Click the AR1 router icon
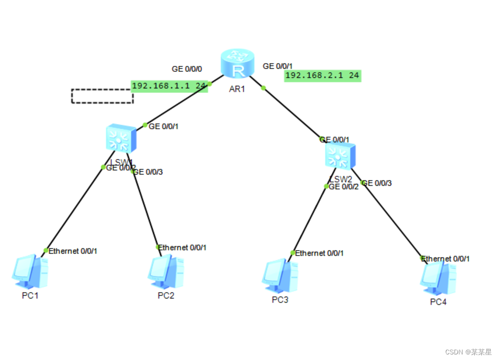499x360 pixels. tap(237, 64)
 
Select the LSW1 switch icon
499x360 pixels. tap(121, 138)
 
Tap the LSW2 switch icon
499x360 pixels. tap(340, 156)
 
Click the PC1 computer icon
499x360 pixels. tap(29, 271)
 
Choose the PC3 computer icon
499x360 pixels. tap(280, 275)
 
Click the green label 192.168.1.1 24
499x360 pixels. tap(169, 86)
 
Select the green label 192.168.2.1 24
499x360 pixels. tap(323, 76)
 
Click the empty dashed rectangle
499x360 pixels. tap(102, 96)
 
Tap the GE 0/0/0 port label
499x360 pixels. tap(187, 69)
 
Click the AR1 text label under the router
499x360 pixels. tap(237, 89)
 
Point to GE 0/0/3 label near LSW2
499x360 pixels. tap(378, 183)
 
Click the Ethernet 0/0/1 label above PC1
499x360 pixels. tap(73, 251)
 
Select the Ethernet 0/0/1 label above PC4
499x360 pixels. tap(447, 259)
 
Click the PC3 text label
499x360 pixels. tap(280, 300)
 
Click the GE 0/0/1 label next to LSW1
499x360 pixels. tap(163, 127)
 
